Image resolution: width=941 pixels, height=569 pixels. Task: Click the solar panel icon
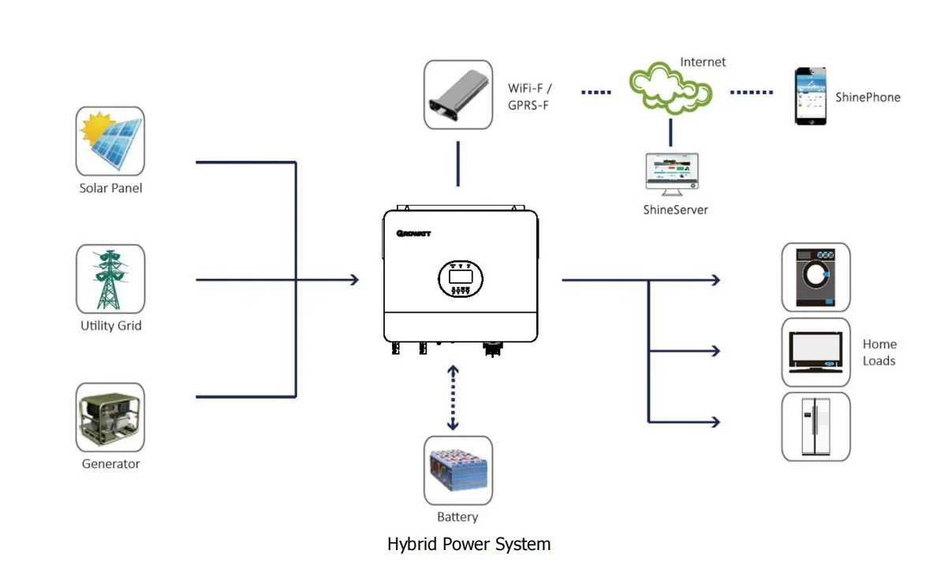110,141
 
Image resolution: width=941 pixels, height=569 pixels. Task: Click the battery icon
457,470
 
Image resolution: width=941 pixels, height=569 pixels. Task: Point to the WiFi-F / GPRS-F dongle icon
457,95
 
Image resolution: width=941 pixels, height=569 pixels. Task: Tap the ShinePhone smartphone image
811,96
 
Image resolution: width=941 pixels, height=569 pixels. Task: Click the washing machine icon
816,277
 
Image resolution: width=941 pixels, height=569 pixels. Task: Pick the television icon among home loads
816,352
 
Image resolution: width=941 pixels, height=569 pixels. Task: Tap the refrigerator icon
816,426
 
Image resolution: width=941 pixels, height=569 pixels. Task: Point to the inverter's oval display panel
461,278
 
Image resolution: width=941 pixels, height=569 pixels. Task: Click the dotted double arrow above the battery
453,398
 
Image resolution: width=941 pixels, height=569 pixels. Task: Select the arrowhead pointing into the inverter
354,280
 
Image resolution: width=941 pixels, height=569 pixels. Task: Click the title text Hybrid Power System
469,545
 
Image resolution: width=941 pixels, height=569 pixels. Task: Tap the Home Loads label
879,352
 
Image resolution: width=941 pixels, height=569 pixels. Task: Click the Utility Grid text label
110,325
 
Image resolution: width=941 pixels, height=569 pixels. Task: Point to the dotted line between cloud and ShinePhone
751,92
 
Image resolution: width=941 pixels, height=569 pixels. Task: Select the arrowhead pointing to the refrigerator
715,422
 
